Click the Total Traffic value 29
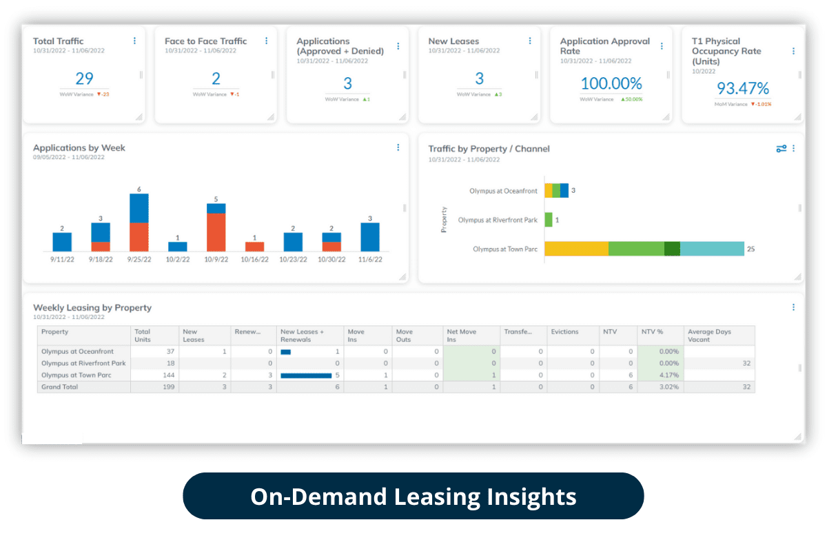click(84, 79)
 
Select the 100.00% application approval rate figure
click(611, 83)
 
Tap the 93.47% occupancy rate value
click(743, 88)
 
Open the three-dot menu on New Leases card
click(530, 41)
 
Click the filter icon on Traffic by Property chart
click(781, 148)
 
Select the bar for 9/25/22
click(139, 222)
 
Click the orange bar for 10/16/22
click(254, 246)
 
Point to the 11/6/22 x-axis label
click(370, 260)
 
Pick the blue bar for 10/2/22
click(178, 246)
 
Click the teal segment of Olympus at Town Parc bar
click(712, 249)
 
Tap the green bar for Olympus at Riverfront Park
click(549, 220)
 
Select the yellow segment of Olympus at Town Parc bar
click(576, 249)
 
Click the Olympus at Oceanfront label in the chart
click(503, 191)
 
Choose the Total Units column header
click(143, 335)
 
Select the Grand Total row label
click(60, 387)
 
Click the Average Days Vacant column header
click(710, 335)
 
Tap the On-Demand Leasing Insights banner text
click(413, 497)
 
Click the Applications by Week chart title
click(79, 148)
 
